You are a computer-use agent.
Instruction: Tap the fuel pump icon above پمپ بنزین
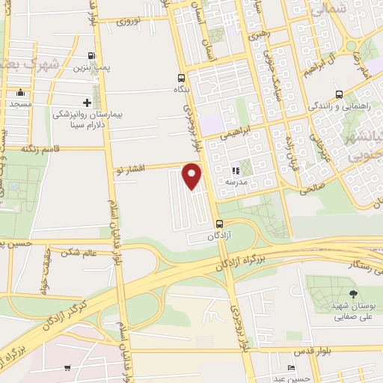(x=91, y=55)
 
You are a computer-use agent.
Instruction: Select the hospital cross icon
(x=87, y=102)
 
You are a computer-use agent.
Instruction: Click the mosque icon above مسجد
(x=20, y=94)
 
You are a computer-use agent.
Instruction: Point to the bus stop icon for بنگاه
(x=182, y=78)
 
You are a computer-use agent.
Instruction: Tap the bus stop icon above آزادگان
(x=220, y=224)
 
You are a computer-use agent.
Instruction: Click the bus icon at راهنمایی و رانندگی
(x=340, y=94)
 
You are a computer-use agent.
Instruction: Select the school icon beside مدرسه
(x=236, y=171)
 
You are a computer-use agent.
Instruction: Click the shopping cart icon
(x=67, y=367)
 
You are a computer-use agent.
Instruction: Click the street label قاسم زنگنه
(x=40, y=148)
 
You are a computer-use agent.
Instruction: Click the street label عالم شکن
(x=81, y=252)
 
